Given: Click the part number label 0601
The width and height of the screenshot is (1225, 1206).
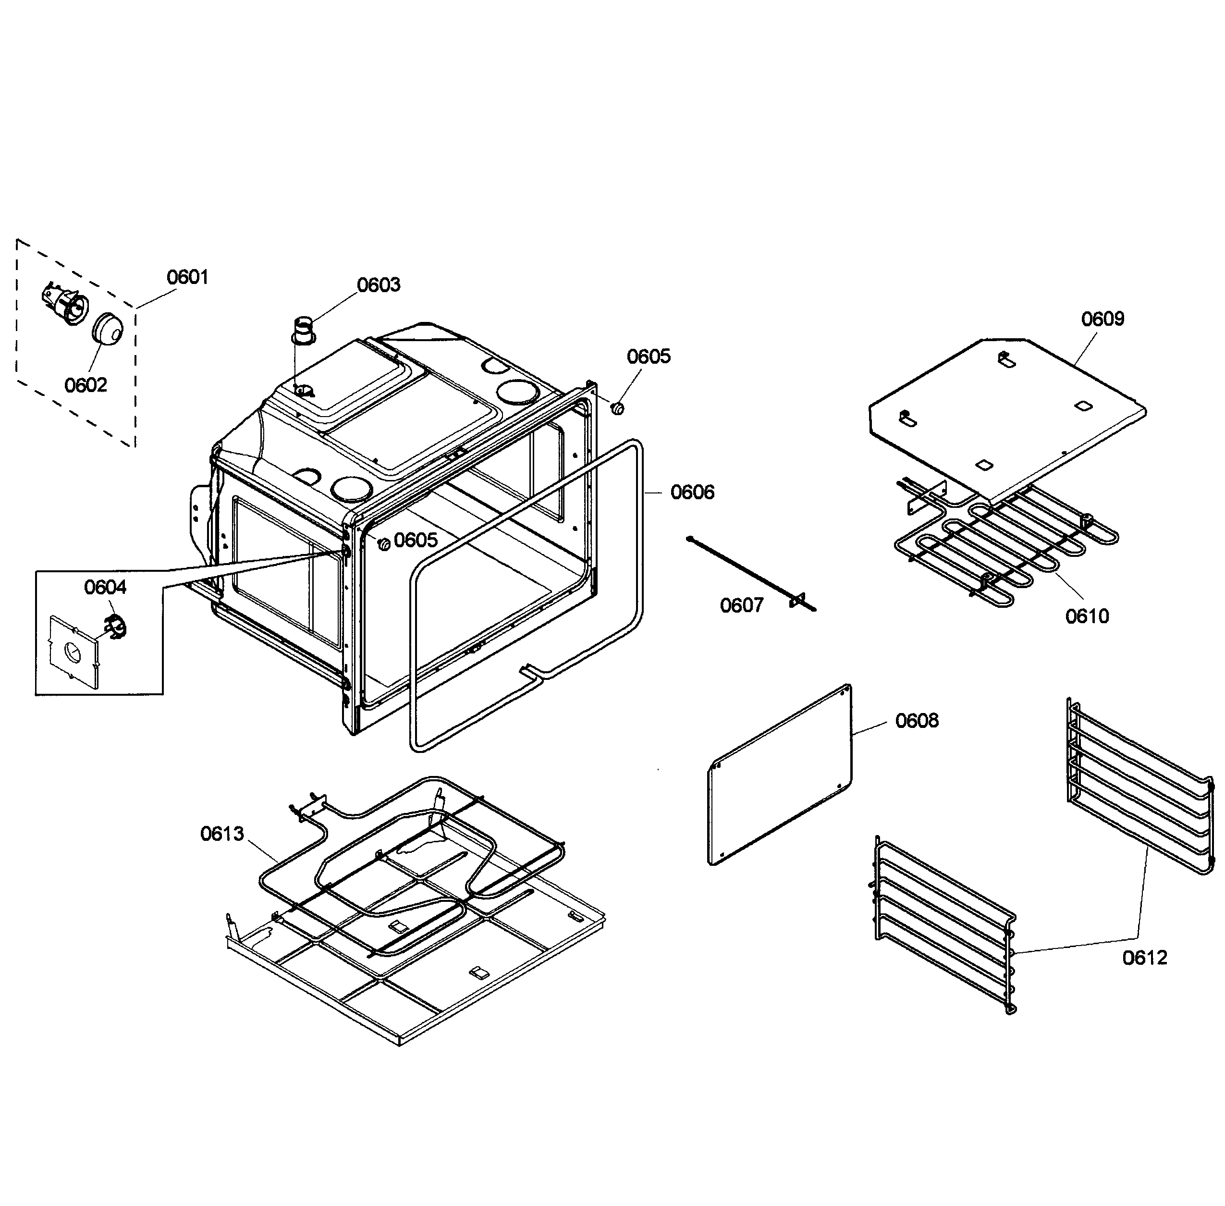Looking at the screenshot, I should pos(187,277).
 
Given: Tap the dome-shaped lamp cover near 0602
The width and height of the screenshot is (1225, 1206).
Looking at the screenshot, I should pos(108,328).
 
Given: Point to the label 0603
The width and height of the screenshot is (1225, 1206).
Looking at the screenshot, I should pos(378,284).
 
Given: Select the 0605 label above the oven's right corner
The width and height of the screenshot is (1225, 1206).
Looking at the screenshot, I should pos(648,356).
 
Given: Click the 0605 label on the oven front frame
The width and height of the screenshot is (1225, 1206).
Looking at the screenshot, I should pos(415,540).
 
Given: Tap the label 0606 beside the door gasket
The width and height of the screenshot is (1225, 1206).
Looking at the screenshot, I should pos(692,492).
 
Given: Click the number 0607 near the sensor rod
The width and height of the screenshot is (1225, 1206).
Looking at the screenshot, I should pos(741,605).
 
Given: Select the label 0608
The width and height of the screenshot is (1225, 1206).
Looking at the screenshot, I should pos(916,720).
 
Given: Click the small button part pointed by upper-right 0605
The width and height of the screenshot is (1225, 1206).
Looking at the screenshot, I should pos(618,408).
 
